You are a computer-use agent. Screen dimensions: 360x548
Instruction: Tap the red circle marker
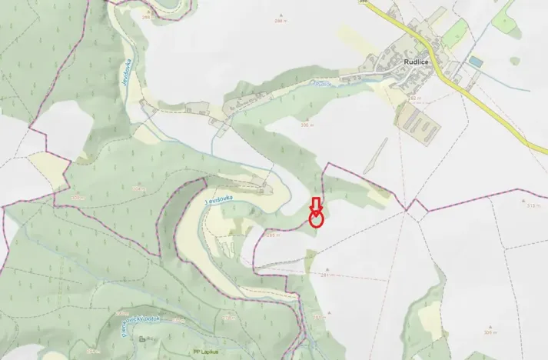(316, 220)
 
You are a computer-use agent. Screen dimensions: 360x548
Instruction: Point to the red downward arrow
(315, 205)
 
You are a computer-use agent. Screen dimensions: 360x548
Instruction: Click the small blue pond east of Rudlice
(476, 61)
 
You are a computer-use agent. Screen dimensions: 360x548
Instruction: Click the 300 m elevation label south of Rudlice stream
(308, 125)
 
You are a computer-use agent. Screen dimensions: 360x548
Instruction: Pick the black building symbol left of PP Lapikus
(143, 339)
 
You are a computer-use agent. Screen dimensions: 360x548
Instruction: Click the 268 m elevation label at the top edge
(147, 18)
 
